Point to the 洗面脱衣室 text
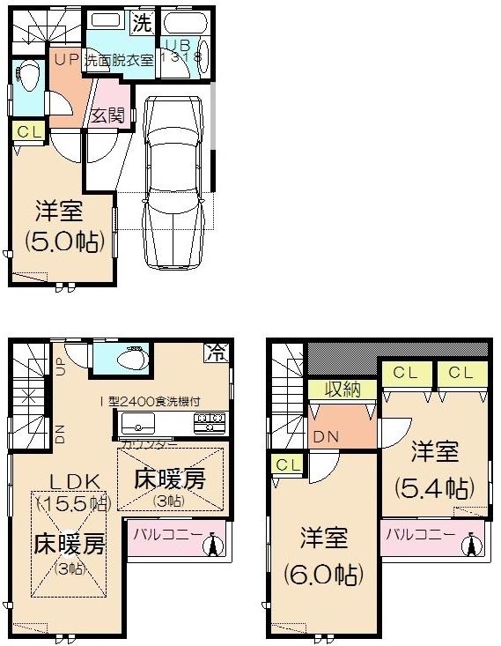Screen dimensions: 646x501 (119, 61)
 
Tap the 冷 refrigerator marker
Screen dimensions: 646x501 (216, 352)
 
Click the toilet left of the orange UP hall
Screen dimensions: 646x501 (27, 76)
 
